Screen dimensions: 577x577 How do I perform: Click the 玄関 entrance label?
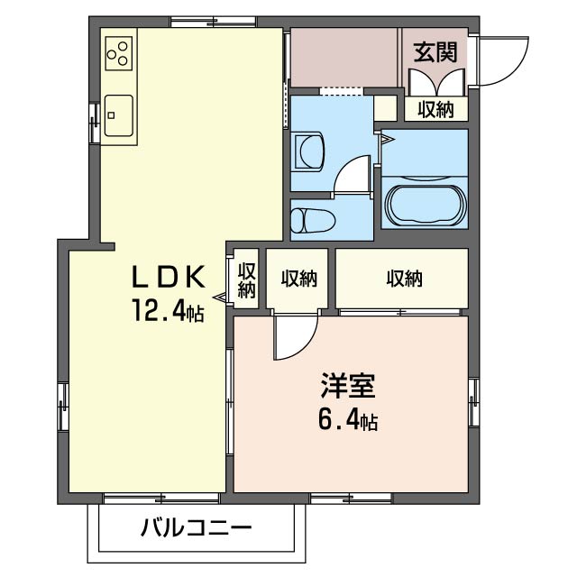click(435, 52)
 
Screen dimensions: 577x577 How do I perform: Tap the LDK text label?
click(169, 277)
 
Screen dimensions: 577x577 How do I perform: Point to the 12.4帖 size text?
click(168, 310)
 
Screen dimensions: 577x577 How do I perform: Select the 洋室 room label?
click(348, 386)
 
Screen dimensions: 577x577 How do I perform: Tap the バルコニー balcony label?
click(197, 528)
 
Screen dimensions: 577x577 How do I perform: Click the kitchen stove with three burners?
click(119, 53)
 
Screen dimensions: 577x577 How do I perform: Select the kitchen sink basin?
click(118, 115)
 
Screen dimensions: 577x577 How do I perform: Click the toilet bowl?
click(313, 221)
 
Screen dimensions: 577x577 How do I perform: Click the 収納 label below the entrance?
click(436, 109)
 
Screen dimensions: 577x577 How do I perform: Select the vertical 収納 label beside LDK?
click(246, 280)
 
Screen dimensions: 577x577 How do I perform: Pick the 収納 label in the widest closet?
click(405, 279)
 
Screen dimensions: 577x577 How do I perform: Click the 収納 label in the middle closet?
click(299, 279)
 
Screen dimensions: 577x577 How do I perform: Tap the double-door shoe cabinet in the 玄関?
click(437, 82)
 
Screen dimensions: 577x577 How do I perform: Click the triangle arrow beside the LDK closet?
click(219, 297)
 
